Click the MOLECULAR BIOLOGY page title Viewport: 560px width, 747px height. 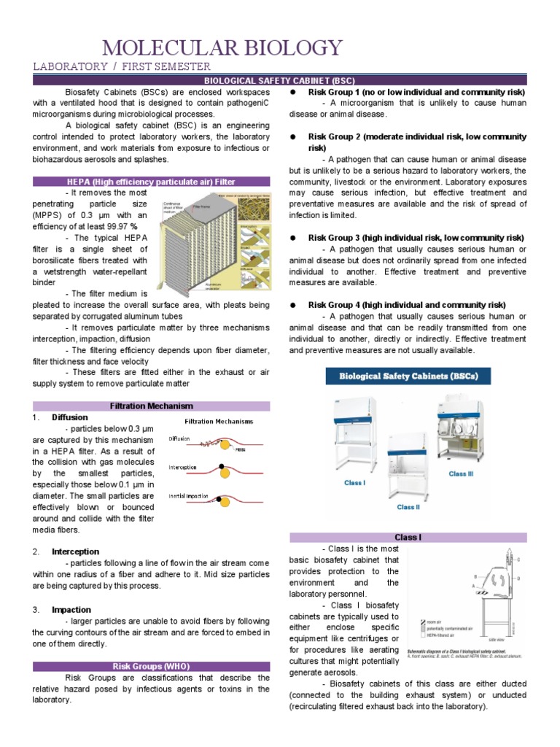click(x=222, y=48)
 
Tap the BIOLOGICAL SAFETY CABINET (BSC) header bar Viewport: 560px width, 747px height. click(x=279, y=80)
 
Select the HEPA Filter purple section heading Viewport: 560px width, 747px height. click(x=151, y=181)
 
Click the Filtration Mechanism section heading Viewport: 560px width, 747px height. click(x=151, y=406)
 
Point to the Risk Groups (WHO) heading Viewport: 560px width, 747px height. click(x=151, y=666)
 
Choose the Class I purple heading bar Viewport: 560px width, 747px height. click(x=408, y=537)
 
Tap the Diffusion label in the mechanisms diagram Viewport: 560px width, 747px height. click(x=179, y=439)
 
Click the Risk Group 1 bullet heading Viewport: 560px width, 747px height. click(x=416, y=93)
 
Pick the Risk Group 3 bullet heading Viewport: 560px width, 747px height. click(x=416, y=238)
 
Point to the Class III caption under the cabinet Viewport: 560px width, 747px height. click(x=462, y=473)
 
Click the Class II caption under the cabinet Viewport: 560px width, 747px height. click(x=408, y=507)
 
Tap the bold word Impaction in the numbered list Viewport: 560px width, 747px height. click(x=71, y=609)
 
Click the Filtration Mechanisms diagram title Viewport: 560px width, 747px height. click(x=219, y=422)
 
